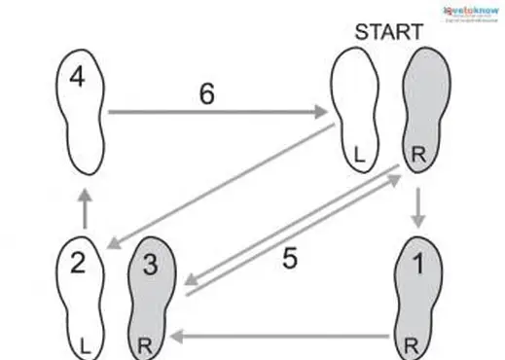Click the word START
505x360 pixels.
click(x=388, y=31)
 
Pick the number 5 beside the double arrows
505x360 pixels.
click(x=289, y=259)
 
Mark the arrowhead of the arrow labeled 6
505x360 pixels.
click(x=324, y=113)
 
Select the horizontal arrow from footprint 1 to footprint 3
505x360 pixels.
click(x=282, y=338)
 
